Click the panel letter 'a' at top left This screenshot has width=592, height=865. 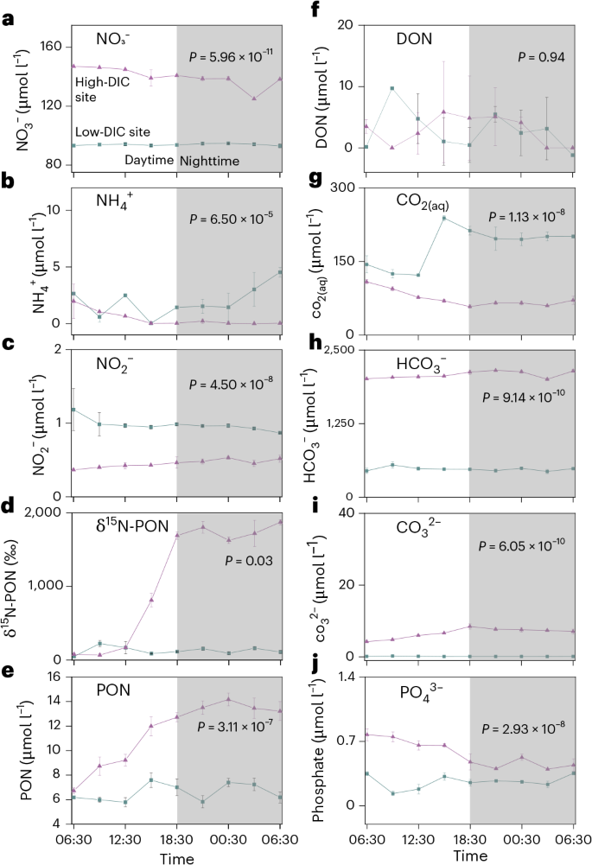pos(8,16)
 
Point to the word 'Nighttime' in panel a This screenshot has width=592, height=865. pos(209,161)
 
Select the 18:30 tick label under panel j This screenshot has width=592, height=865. pos(470,837)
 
